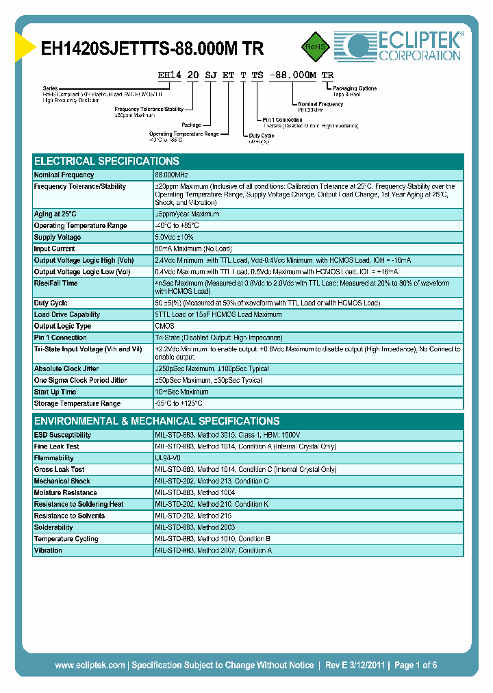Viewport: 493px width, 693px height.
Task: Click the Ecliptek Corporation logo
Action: [398, 46]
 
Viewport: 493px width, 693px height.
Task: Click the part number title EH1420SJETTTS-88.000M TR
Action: [153, 49]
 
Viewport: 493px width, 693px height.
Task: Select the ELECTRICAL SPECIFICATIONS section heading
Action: [107, 161]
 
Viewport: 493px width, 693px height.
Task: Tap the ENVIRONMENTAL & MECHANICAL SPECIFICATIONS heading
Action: [157, 421]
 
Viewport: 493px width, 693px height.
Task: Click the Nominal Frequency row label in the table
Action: [64, 175]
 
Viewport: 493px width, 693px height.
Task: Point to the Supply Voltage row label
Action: [58, 237]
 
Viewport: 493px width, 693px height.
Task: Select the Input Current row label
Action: [55, 249]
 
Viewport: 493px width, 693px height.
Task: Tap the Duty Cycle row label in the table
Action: [52, 303]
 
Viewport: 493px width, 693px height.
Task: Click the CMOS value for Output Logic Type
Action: [164, 326]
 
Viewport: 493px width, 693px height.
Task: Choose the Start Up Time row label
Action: [55, 392]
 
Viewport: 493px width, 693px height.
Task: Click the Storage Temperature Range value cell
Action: [179, 403]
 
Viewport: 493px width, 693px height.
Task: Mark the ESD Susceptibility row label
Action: [62, 435]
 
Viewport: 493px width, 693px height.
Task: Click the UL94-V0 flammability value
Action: [169, 458]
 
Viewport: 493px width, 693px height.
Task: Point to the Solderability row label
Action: [53, 527]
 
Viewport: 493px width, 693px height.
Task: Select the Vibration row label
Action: [48, 550]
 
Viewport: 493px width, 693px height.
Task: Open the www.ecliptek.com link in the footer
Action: [90, 665]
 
